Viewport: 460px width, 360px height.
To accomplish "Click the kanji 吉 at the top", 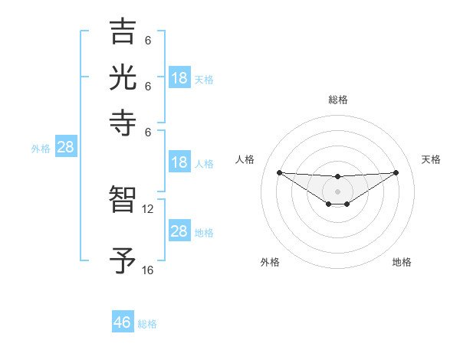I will point(123,33).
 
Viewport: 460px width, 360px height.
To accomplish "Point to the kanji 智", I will point(123,201).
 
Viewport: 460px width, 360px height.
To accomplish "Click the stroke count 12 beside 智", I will point(148,208).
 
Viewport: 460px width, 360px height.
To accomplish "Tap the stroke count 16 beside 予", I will point(148,270).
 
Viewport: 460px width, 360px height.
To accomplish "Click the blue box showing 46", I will point(123,322).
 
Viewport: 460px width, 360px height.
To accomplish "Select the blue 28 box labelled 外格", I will point(65,148).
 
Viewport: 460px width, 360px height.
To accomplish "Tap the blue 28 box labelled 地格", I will point(179,231).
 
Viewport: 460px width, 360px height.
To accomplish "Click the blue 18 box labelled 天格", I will point(179,78).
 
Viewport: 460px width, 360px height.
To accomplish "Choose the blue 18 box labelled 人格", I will point(179,162).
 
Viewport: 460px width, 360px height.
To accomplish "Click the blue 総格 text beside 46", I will point(147,324).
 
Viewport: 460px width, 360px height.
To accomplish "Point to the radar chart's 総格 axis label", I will point(337,100).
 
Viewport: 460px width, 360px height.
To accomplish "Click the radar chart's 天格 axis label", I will point(431,159).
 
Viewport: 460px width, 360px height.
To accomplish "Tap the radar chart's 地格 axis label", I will point(402,262).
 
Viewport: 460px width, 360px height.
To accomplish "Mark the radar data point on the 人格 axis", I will point(279,172).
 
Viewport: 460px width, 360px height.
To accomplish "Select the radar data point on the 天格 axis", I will point(396,172).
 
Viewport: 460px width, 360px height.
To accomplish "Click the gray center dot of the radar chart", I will point(337,191).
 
